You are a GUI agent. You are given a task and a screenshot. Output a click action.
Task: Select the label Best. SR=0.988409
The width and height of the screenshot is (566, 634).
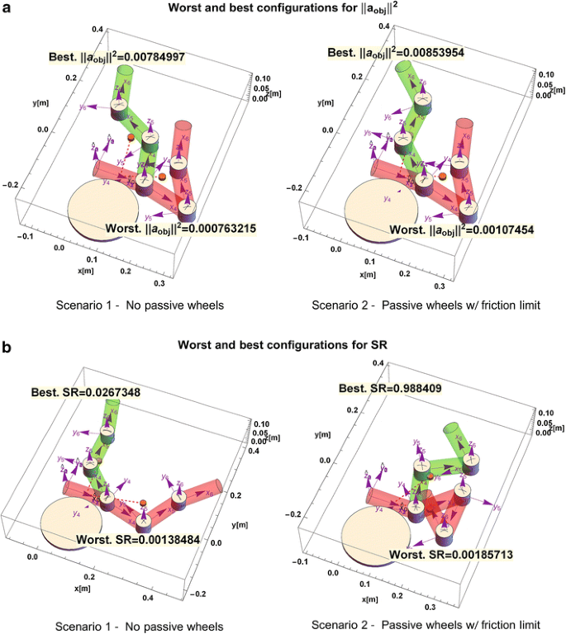(x=396, y=386)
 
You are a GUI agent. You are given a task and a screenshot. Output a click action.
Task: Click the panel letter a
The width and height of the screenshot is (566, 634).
(x=7, y=12)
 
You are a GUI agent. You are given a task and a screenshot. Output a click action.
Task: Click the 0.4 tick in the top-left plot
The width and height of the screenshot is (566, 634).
(x=98, y=29)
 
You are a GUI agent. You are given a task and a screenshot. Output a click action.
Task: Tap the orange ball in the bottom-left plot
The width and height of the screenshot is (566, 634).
(x=144, y=502)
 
